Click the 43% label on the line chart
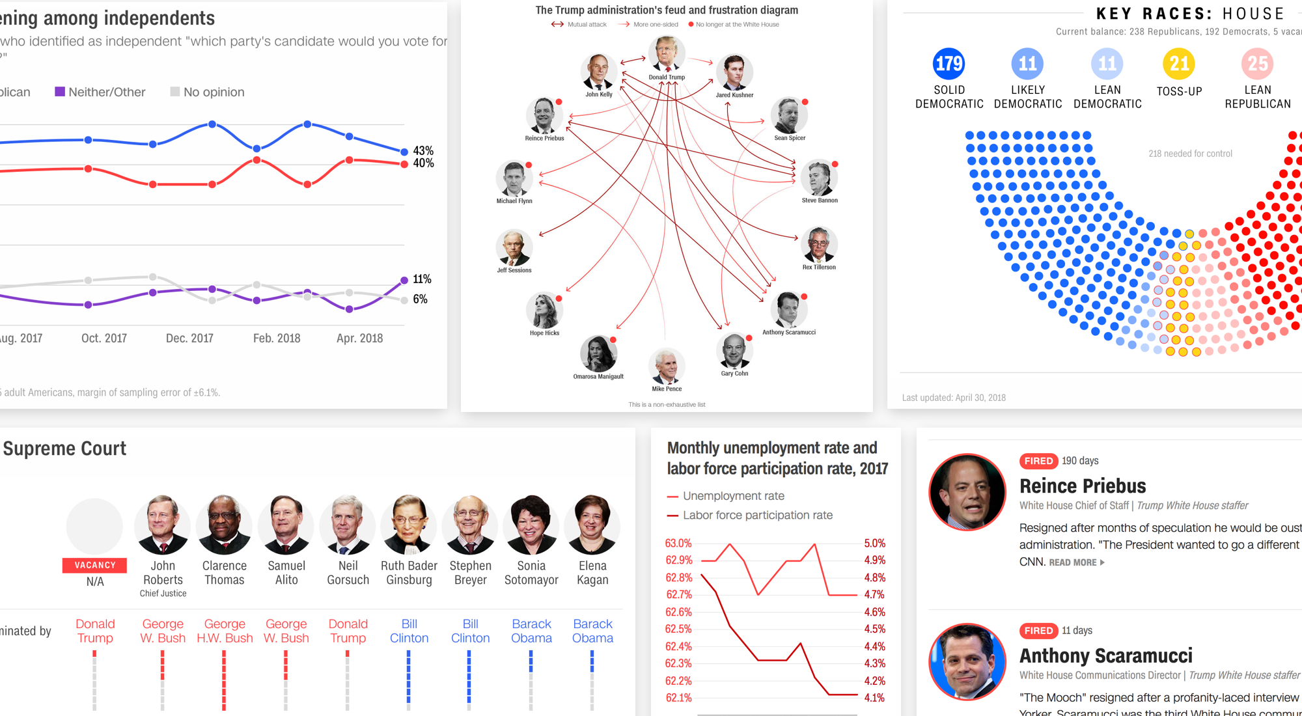click(423, 150)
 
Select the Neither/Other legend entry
click(100, 92)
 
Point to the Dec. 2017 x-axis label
click(189, 338)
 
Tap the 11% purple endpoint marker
click(404, 280)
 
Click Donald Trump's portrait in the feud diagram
click(667, 53)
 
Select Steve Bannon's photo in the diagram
click(819, 178)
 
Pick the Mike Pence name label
click(667, 389)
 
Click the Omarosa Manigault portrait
click(598, 353)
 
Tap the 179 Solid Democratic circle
click(949, 63)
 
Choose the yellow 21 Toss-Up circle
click(1179, 63)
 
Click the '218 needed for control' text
click(1190, 154)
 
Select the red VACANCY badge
click(95, 565)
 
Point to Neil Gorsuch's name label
click(348, 573)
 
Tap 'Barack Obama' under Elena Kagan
click(592, 631)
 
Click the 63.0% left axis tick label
click(678, 543)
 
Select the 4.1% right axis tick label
click(874, 698)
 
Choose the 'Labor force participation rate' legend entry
click(757, 515)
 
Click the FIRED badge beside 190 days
click(1038, 461)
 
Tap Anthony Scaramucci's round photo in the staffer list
click(967, 662)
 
